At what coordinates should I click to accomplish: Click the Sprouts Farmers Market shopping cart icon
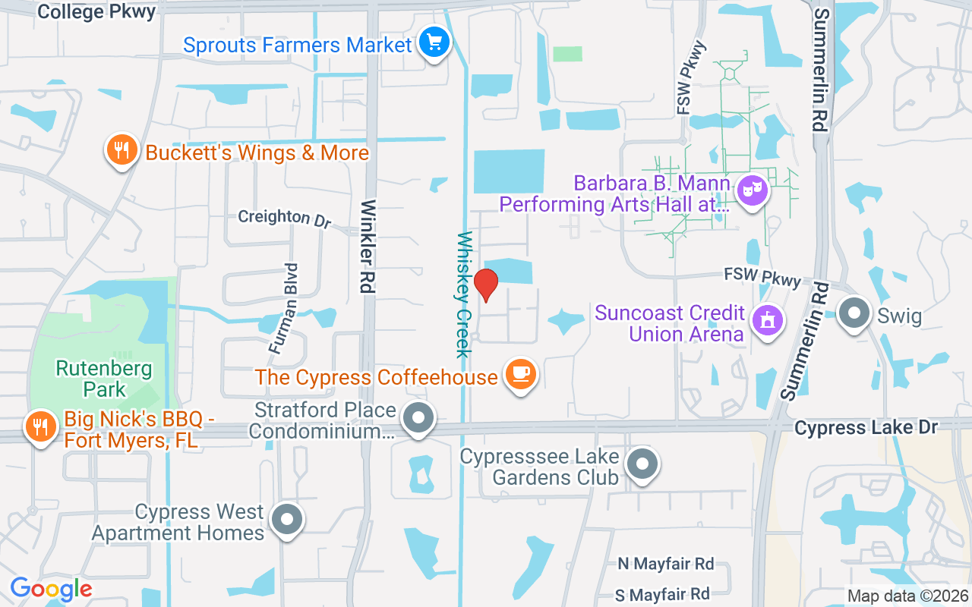(434, 42)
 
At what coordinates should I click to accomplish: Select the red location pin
(485, 285)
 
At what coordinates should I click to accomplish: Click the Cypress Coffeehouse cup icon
(520, 374)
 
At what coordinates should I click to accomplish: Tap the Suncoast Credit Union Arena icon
(767, 320)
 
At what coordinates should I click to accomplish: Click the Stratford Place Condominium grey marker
(418, 418)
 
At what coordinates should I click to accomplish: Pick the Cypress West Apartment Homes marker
(287, 521)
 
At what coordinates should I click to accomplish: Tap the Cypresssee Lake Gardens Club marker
(642, 463)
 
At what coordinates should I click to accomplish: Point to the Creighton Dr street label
(285, 218)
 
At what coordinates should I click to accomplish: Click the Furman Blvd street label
(281, 307)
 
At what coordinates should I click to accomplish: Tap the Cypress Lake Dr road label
(866, 428)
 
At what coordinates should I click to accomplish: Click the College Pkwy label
(96, 11)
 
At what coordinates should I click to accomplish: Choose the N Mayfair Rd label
(665, 564)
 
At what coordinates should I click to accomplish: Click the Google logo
(51, 589)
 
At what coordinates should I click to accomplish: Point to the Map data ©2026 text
(906, 596)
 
